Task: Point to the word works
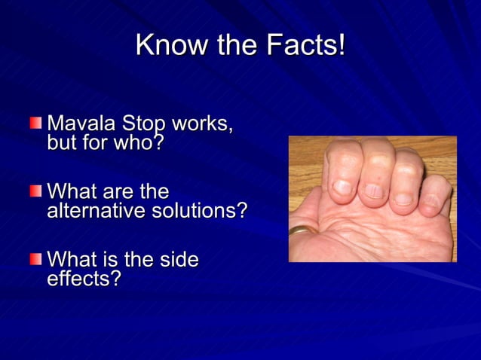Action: [203, 124]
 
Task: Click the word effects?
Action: [84, 279]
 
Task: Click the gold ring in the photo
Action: [302, 229]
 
